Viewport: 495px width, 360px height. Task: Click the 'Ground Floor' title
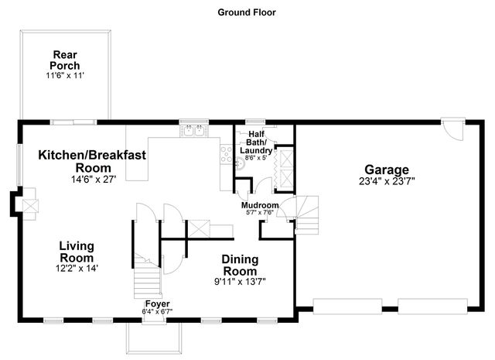(x=247, y=12)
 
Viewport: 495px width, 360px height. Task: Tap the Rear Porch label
(x=66, y=60)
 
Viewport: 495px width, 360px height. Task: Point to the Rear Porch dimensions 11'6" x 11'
(x=66, y=77)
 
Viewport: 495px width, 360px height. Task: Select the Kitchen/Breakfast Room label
(x=92, y=161)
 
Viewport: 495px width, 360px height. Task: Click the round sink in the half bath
(x=241, y=163)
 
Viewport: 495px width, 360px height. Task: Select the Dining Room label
(x=240, y=265)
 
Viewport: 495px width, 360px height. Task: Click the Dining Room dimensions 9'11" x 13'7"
(x=240, y=283)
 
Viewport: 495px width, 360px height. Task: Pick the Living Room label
(x=77, y=252)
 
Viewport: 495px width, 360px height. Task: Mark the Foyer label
(x=158, y=303)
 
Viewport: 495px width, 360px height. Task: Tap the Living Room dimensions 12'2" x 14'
(x=77, y=268)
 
